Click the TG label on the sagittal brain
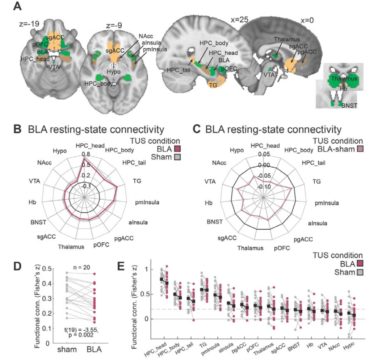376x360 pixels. pos(213,85)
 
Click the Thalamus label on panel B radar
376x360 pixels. pos(71,247)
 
